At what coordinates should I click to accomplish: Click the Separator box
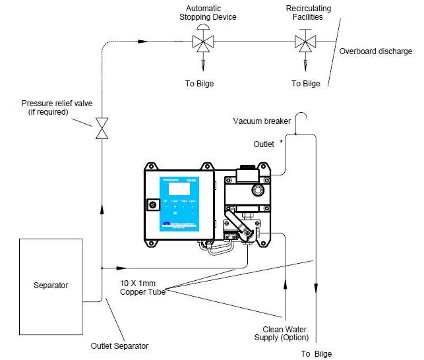pyautogui.click(x=51, y=285)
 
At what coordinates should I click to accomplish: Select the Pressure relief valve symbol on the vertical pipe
pyautogui.click(x=101, y=129)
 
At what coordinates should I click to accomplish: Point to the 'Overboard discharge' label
pyautogui.click(x=375, y=51)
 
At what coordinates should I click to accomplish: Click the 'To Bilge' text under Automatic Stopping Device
pyautogui.click(x=200, y=84)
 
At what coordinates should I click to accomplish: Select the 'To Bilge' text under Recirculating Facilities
pyautogui.click(x=305, y=84)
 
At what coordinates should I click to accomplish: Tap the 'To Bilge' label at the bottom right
pyautogui.click(x=317, y=353)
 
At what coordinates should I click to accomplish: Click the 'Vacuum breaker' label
pyautogui.click(x=262, y=121)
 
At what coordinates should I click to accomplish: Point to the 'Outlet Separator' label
pyautogui.click(x=119, y=345)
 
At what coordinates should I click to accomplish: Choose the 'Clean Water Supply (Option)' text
pyautogui.click(x=285, y=334)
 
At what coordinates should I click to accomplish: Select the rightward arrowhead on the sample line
pyautogui.click(x=121, y=268)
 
